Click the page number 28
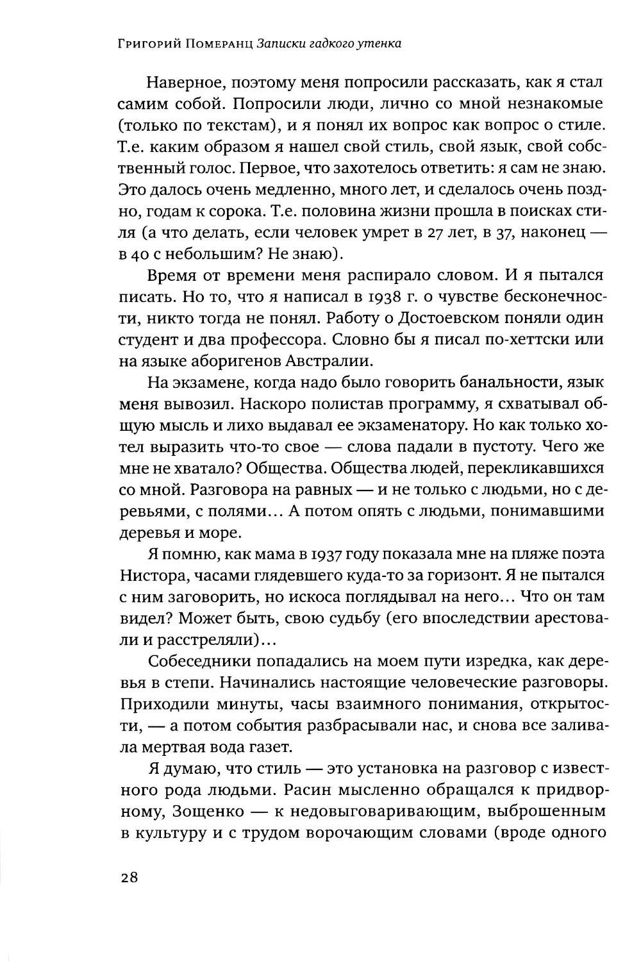(x=129, y=878)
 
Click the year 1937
(x=315, y=553)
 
